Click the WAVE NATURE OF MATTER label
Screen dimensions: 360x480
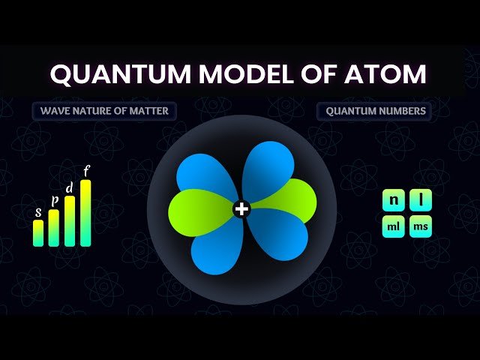pyautogui.click(x=100, y=112)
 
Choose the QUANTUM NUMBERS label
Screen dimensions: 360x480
pyautogui.click(x=376, y=112)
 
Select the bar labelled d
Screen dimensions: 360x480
pyautogui.click(x=70, y=220)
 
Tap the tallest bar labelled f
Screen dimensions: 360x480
pyautogui.click(x=85, y=213)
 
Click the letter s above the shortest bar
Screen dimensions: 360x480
pyautogui.click(x=38, y=212)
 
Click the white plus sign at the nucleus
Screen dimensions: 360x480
pyautogui.click(x=241, y=209)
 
